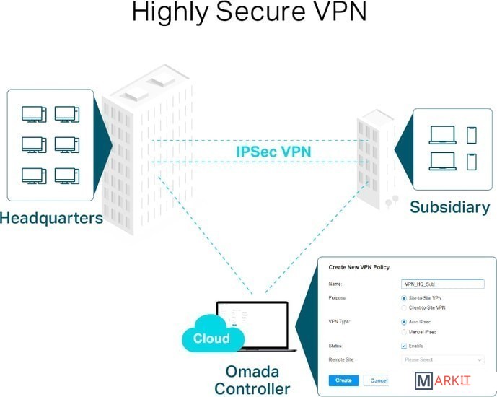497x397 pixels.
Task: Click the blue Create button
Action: click(343, 380)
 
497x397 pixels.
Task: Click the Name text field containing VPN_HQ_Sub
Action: click(442, 284)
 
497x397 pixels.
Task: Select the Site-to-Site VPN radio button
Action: click(404, 297)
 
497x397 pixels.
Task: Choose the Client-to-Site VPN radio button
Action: click(404, 308)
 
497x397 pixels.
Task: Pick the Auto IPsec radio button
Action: click(404, 322)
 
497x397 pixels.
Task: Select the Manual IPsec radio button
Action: click(404, 333)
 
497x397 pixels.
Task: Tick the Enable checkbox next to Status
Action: click(404, 346)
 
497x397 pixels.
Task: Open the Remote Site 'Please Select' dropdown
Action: click(442, 359)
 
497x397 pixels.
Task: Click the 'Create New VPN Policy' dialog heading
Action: click(359, 267)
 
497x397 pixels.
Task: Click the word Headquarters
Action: click(51, 217)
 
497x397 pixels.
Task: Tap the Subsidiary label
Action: click(449, 207)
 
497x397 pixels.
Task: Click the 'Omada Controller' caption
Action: click(252, 380)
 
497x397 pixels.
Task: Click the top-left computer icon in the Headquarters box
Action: click(33, 114)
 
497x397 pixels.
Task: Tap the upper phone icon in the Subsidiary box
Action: click(472, 135)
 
